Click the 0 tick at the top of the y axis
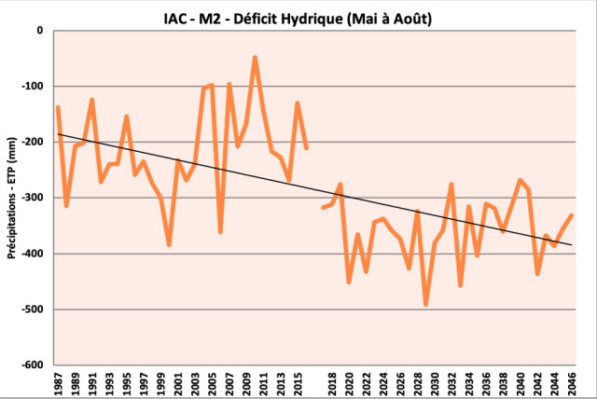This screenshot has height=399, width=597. (x=40, y=30)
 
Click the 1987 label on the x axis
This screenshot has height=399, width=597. (x=58, y=383)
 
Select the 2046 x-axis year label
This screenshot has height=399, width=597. (x=571, y=383)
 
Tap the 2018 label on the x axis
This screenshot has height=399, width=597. (x=333, y=383)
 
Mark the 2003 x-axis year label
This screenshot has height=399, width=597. (x=195, y=383)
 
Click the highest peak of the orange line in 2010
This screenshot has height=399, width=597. (x=255, y=57)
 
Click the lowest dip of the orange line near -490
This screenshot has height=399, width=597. (x=426, y=304)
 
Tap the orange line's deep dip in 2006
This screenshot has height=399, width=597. (x=220, y=231)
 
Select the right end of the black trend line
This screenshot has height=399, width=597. (x=571, y=244)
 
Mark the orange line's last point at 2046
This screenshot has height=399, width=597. (x=571, y=215)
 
